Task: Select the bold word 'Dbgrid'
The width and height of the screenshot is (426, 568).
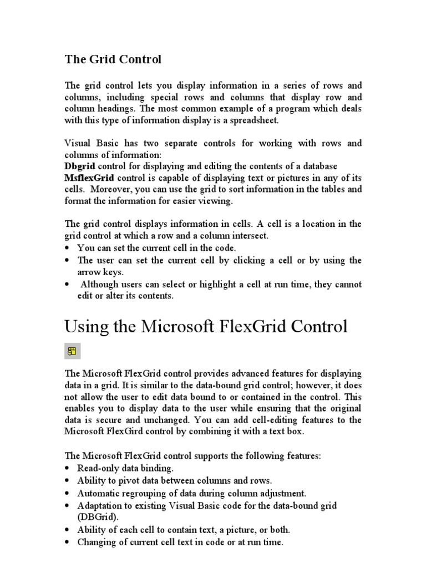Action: pos(80,166)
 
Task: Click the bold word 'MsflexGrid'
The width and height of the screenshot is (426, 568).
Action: pos(89,178)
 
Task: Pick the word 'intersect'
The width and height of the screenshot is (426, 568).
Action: pos(248,236)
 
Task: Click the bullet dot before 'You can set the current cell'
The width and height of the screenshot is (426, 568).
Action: pos(68,248)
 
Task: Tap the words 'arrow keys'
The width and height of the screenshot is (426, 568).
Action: pos(100,272)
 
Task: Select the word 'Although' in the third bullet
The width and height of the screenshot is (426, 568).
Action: pos(99,285)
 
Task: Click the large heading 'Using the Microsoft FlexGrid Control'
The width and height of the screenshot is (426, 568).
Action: pos(206,326)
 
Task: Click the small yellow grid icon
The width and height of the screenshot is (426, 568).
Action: pos(72,351)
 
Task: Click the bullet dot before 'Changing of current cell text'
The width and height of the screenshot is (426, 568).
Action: pos(68,542)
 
